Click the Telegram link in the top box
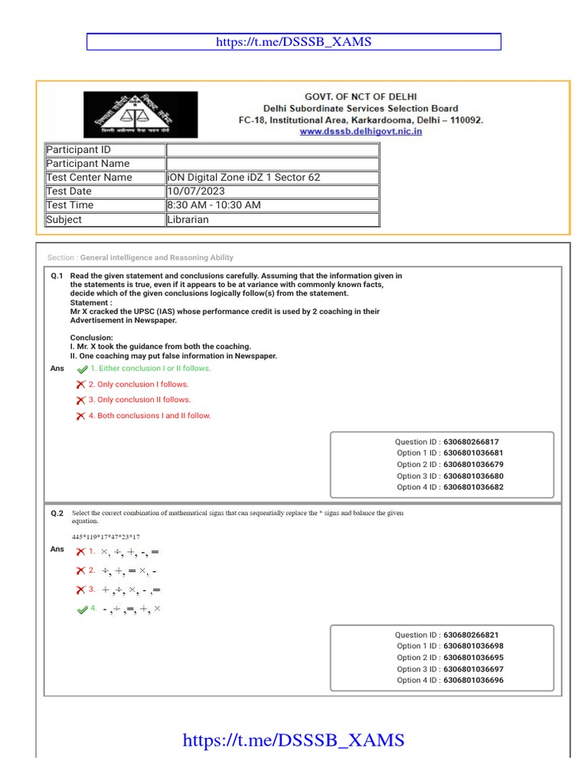click(x=294, y=42)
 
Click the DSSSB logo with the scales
click(x=140, y=115)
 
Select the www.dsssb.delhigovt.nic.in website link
click(x=361, y=132)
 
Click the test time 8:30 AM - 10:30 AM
click(x=214, y=205)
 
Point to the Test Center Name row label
click(x=90, y=178)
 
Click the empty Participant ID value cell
click(x=272, y=150)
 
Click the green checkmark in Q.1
click(x=83, y=369)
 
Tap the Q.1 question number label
click(x=57, y=276)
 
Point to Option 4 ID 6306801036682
click(x=473, y=487)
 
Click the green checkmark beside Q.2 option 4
click(x=83, y=609)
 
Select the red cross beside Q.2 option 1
click(x=80, y=552)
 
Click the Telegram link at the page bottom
click(x=293, y=740)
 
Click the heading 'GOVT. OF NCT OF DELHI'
click(x=360, y=96)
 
